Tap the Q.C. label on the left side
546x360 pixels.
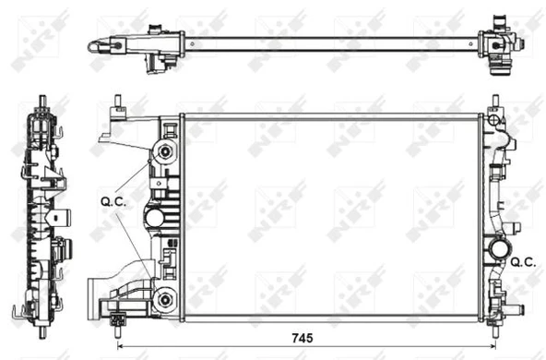112,198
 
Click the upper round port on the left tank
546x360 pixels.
166,151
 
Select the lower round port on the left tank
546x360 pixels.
166,296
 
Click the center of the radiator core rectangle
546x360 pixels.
330,217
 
